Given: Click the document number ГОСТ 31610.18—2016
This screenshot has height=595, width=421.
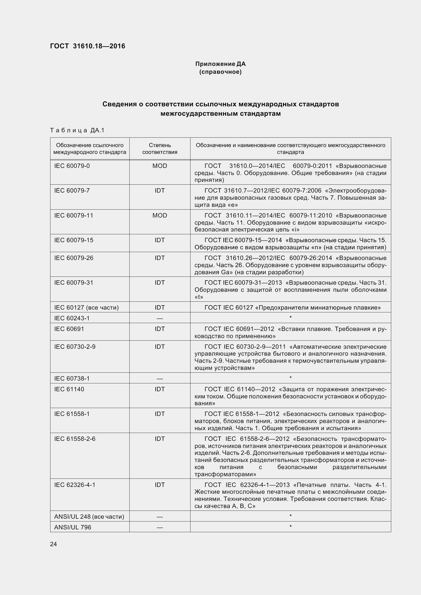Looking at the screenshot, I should pos(87,46).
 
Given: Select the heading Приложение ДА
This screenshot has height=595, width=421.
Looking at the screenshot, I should pos(220,64).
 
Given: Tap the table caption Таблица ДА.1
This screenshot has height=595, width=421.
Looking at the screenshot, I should pos(77,130).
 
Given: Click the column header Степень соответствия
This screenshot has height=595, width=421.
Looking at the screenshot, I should pos(160,149).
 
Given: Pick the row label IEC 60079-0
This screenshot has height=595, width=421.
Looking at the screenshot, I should pos(72,166).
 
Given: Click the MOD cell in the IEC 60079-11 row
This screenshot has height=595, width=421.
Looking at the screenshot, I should pos(160,215).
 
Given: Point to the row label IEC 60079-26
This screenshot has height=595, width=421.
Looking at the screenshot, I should pos(74,258).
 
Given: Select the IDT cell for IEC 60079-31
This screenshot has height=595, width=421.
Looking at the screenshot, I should pos(160,282).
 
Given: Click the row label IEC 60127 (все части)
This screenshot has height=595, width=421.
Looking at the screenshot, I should pos(86,308).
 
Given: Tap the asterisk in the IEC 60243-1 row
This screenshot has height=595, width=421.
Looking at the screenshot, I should pos(291,317).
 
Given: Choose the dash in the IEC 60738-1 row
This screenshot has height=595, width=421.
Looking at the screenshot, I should pos(160,379).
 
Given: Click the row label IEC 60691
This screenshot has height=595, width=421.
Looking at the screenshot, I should pos(69,329).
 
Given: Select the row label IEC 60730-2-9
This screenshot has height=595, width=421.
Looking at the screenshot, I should pos(75,347).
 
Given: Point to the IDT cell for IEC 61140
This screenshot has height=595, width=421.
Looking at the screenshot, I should pos(160,389).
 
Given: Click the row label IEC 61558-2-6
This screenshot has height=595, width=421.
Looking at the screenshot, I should pos(75,439).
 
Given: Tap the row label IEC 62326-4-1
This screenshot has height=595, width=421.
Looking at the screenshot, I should pos(75,485).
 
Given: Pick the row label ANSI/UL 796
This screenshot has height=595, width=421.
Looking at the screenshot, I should pos(73,527).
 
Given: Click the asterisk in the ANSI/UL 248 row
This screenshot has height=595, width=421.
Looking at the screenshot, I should pos(291,516).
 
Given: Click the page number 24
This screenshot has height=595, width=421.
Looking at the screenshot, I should pos(53,544).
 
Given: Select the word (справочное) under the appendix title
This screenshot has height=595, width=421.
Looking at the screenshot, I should pos(220,72).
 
